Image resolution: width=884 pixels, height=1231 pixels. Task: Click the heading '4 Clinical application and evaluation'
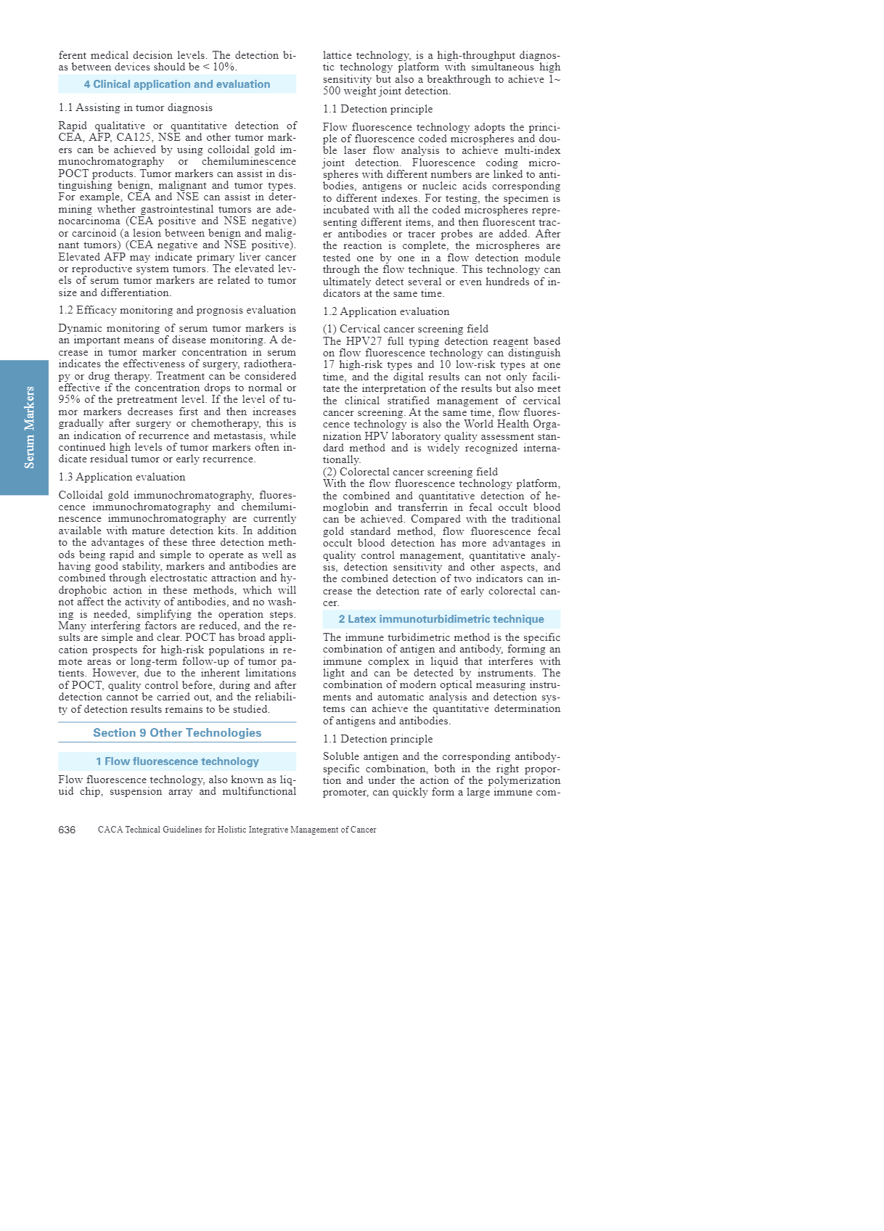coord(177,84)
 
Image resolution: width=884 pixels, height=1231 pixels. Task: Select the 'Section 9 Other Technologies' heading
coord(177,733)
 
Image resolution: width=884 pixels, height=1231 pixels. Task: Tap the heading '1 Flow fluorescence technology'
coord(177,761)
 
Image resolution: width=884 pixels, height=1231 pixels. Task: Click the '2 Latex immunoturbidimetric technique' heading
coord(441,619)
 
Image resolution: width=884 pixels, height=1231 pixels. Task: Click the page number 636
coord(67,830)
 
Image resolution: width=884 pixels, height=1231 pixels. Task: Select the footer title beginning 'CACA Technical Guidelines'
coord(237,830)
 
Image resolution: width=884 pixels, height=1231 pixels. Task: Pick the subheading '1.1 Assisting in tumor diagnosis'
coord(136,107)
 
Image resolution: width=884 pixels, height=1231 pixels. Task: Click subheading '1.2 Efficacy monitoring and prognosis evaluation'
coord(177,310)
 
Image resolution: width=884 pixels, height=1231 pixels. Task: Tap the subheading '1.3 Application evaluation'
coord(122,477)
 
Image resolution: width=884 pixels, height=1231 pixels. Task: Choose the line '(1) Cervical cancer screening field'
coord(406,329)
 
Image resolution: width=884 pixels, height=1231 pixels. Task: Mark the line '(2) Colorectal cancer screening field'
coord(410,472)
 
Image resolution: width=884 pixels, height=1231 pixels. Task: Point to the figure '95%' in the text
coord(69,399)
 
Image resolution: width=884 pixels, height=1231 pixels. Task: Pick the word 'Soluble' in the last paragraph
coord(341,756)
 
